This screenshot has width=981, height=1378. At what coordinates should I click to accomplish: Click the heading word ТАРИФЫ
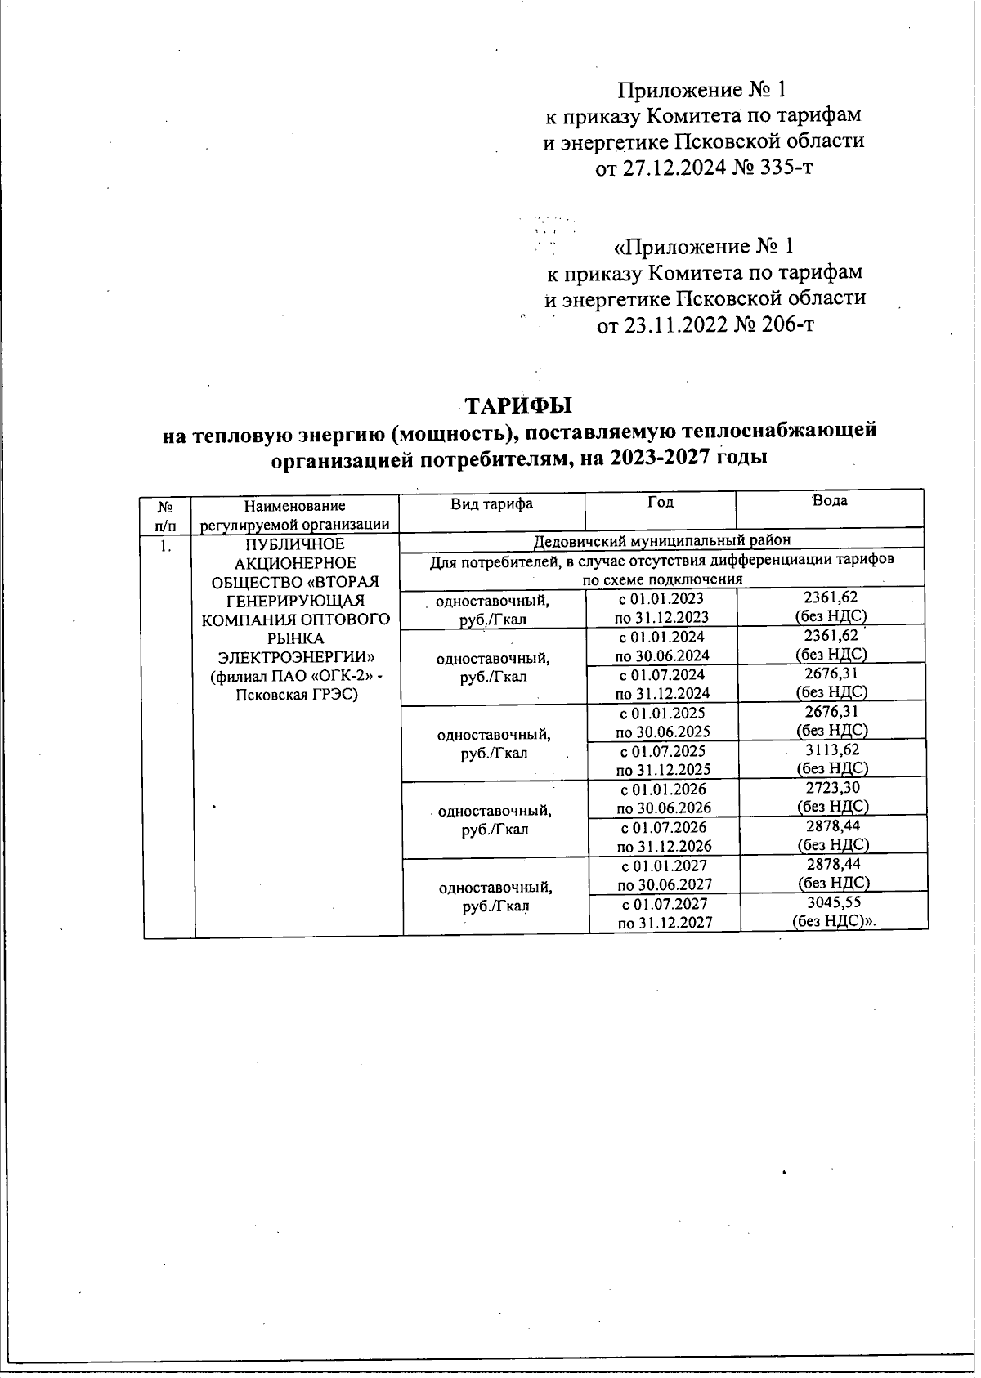click(x=518, y=406)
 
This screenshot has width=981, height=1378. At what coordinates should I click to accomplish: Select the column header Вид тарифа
click(x=492, y=503)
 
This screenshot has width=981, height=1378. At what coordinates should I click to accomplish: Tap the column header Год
click(x=660, y=502)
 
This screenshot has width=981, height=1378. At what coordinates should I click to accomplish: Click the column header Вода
click(x=830, y=500)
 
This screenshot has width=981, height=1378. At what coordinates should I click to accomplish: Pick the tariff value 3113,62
click(x=832, y=749)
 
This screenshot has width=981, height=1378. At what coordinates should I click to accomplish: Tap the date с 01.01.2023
click(x=661, y=599)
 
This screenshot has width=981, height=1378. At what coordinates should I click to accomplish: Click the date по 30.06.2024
click(x=662, y=655)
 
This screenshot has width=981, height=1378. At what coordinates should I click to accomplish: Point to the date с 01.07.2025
click(x=663, y=750)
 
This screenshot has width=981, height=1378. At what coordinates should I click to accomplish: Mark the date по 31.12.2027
click(x=665, y=922)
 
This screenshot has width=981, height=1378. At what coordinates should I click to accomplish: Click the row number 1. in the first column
click(x=166, y=545)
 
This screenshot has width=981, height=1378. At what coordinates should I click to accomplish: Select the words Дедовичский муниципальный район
click(x=661, y=539)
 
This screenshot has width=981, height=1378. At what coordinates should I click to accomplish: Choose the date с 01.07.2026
click(x=664, y=826)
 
